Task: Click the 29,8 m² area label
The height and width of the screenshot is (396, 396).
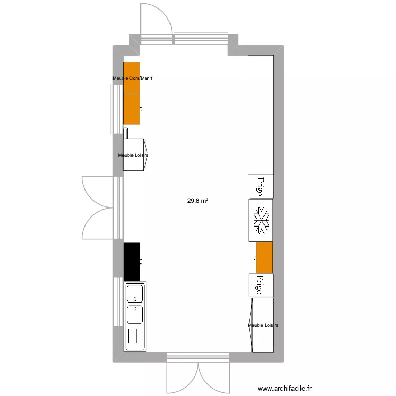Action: coord(197,201)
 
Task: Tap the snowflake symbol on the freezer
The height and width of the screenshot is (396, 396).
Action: coord(261,220)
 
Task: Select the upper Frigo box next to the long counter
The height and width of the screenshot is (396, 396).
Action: coord(261,186)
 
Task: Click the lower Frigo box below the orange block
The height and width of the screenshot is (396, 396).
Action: coord(261,286)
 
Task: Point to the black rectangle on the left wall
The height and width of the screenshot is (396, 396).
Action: coord(131,261)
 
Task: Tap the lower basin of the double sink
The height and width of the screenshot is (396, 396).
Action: coord(135,314)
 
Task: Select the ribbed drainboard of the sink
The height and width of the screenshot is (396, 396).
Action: coord(135,338)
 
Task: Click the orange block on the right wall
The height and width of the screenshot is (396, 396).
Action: coord(264,258)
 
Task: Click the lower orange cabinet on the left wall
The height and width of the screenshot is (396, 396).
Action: coord(131,109)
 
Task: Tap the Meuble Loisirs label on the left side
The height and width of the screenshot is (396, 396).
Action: coord(133,155)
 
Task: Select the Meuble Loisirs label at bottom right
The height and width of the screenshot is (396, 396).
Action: coord(263,325)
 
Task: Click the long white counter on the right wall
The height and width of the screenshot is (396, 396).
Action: coord(260,115)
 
